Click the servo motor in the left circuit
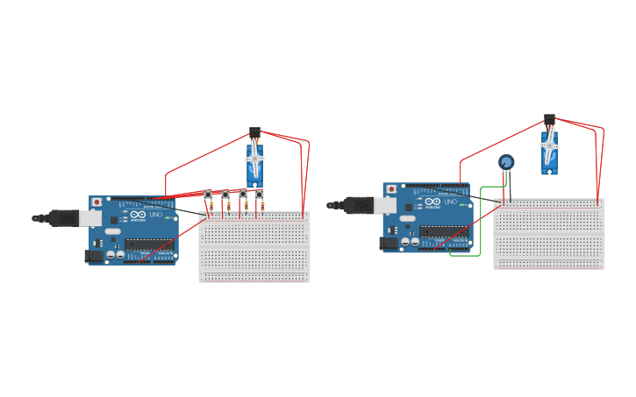coord(254,162)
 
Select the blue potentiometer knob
coord(506,162)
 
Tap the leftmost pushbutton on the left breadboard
coord(208,194)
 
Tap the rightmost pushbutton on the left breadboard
coord(259,194)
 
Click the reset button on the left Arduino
coord(96,202)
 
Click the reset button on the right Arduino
coord(390,189)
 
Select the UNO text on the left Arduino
coord(156,215)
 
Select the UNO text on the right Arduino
coord(450,202)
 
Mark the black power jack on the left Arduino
coord(93,256)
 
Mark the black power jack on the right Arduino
coord(387,244)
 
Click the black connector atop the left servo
coord(254,131)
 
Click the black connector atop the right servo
coord(549,118)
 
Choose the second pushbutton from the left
coord(225,194)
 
